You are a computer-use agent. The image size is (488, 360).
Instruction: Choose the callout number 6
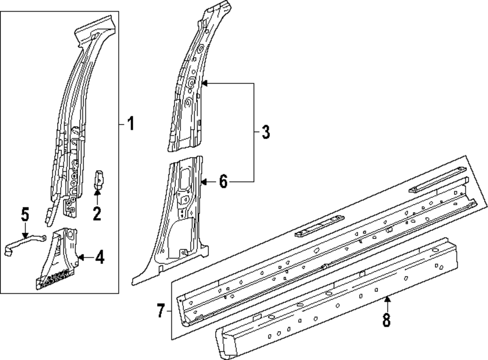tap(223, 182)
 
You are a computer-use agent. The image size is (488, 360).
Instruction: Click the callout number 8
tap(387, 320)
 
